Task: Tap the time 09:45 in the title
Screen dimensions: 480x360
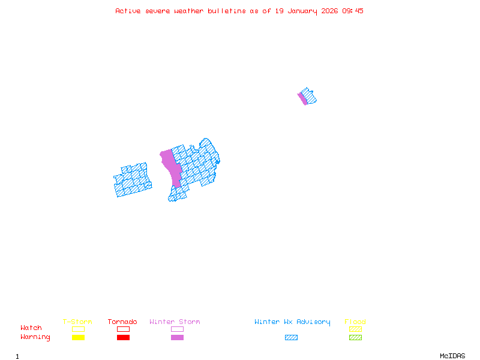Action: (x=352, y=11)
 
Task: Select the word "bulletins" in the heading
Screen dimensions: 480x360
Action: (x=226, y=11)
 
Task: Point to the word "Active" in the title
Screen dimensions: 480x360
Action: (x=128, y=11)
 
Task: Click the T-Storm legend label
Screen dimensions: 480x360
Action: (x=77, y=322)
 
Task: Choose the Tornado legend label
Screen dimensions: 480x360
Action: (x=122, y=322)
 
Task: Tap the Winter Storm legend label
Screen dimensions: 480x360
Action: (x=175, y=322)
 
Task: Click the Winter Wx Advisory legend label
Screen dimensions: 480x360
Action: (x=292, y=322)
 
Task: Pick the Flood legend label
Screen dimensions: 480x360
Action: (x=355, y=322)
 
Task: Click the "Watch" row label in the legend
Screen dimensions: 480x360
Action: (x=31, y=328)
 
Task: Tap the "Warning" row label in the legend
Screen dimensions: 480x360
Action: (x=35, y=337)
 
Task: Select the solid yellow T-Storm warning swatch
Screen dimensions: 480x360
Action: (x=78, y=337)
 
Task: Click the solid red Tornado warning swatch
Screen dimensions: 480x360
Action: (x=123, y=337)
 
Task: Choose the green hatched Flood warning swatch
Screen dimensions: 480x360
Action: (x=355, y=337)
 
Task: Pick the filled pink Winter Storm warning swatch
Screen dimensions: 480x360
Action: (x=177, y=337)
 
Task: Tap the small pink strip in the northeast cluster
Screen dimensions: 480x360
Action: (x=302, y=98)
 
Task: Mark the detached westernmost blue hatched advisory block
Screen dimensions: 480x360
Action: (x=133, y=180)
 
